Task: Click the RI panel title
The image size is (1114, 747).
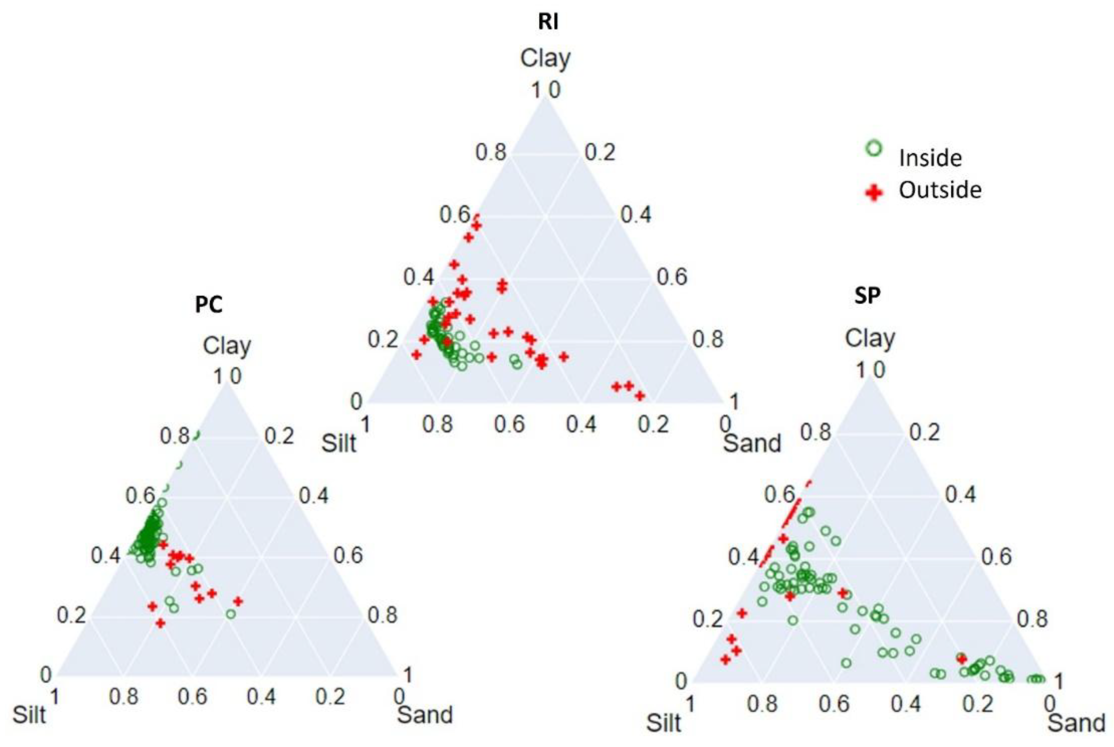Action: point(548,22)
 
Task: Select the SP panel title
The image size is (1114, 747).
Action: point(868,296)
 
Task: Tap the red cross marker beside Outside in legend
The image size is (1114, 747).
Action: point(873,193)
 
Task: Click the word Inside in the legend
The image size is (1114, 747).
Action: point(930,158)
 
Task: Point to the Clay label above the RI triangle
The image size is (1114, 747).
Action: point(545,59)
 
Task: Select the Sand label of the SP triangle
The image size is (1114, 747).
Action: point(1076,723)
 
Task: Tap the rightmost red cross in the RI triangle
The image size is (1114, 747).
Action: point(640,396)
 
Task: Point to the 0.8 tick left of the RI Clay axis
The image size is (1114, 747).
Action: point(490,153)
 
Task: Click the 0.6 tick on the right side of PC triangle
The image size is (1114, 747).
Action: point(348,556)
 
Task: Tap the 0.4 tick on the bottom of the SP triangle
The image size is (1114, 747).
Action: point(906,704)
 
